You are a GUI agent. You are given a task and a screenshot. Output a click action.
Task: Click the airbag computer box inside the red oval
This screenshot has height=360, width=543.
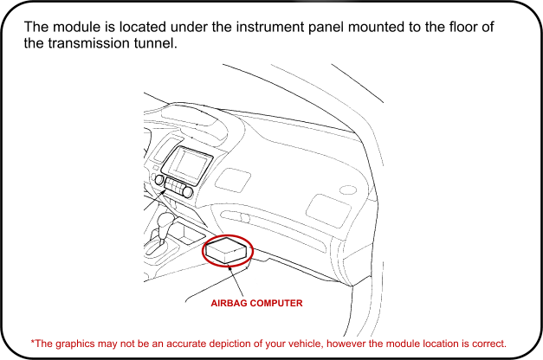[x=227, y=251]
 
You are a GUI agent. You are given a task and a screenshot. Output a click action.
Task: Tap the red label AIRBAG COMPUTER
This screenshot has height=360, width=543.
[x=256, y=304]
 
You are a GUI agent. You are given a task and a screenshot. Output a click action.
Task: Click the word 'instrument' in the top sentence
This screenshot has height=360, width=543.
[x=249, y=28]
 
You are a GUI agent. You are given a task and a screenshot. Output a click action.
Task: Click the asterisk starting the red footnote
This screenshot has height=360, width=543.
[x=33, y=341]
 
